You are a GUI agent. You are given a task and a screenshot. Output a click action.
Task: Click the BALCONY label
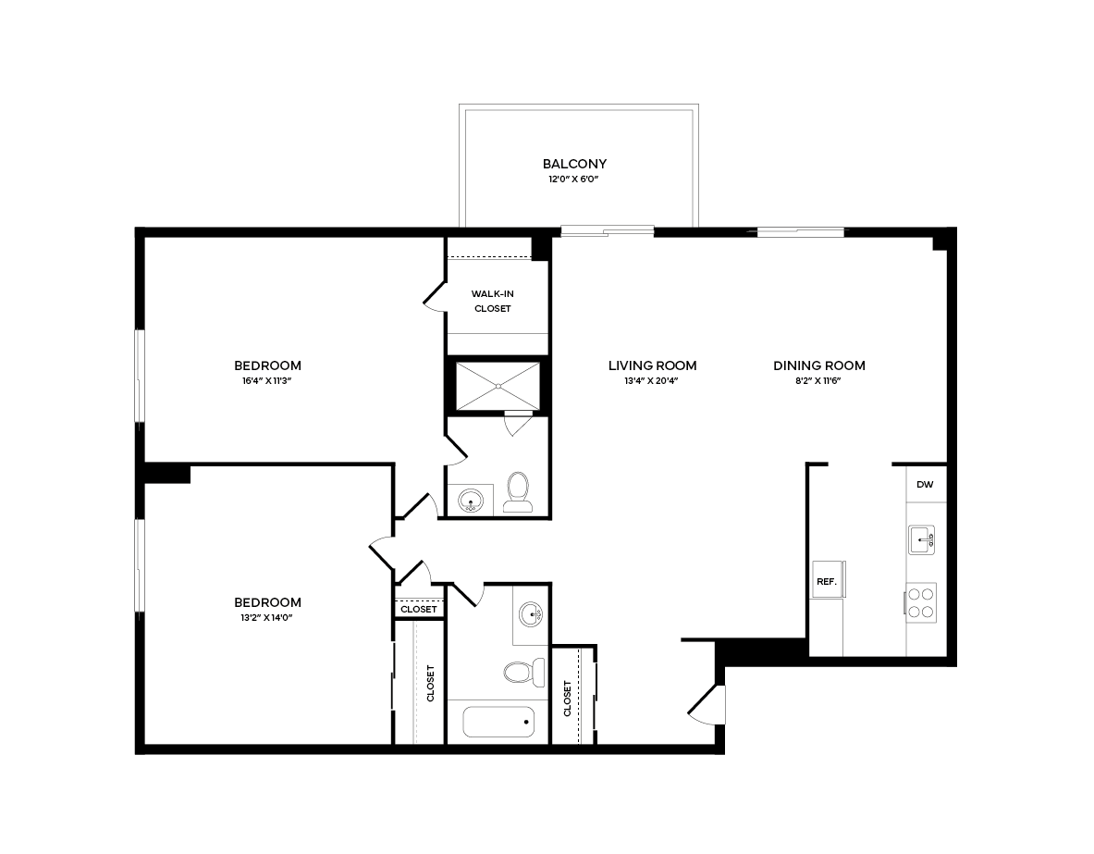[x=574, y=164]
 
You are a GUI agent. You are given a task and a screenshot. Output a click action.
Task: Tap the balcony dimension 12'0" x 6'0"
[x=574, y=179]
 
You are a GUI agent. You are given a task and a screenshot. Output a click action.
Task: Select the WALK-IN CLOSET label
[x=492, y=301]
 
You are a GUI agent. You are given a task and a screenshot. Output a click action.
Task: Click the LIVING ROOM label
[x=652, y=365]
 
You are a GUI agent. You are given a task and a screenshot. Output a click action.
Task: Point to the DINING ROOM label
[x=819, y=365]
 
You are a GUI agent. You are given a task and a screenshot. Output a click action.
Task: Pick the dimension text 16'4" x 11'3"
[x=267, y=380]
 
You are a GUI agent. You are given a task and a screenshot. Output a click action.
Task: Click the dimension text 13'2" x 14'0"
[x=267, y=616]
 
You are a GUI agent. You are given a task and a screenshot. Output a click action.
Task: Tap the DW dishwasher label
[x=925, y=485]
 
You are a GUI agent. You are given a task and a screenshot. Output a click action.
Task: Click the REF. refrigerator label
[x=826, y=582]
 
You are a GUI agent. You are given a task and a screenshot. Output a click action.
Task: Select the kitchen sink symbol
[x=922, y=538]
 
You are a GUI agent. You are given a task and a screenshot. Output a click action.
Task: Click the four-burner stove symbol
[x=921, y=601]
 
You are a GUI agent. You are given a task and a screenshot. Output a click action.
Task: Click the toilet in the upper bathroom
[x=518, y=492]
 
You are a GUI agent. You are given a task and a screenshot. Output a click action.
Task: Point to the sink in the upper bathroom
[x=472, y=501]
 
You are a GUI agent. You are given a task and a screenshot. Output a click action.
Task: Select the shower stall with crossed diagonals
[x=498, y=386]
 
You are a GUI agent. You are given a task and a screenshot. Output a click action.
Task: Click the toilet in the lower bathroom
[x=521, y=671]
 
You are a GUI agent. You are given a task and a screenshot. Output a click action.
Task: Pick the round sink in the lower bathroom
[x=531, y=613]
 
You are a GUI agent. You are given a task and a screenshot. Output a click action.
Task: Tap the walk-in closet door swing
[x=433, y=294]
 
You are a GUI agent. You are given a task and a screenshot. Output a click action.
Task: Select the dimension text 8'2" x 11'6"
[x=819, y=380]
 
